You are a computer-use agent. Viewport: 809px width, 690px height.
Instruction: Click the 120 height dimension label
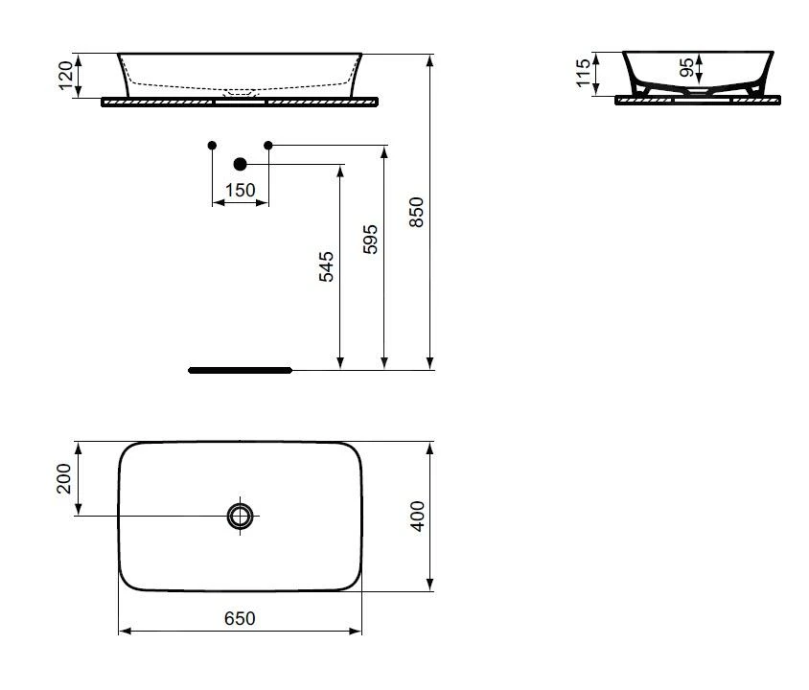(65, 76)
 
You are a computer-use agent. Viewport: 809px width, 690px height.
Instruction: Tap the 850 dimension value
(416, 212)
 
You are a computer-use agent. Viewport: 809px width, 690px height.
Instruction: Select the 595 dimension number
(370, 240)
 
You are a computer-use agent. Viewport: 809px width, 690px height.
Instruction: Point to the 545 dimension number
(326, 266)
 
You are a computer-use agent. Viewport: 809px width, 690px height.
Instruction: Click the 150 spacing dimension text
(240, 191)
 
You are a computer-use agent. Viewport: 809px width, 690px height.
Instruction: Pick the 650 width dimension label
(240, 618)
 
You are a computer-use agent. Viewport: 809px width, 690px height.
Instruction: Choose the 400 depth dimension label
(417, 517)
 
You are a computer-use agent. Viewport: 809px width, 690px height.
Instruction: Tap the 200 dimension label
(63, 478)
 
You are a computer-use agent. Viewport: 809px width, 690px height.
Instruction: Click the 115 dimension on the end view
(583, 73)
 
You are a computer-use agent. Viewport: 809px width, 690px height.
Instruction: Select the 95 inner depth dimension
(686, 67)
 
